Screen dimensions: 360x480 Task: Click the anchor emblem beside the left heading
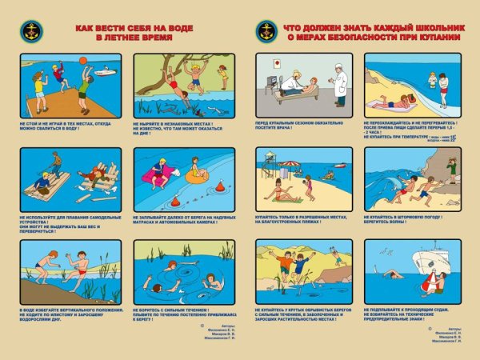click(x=33, y=30)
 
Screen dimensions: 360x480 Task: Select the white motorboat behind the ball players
click(x=105, y=73)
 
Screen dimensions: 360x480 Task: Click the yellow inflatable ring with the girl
click(x=197, y=173)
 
